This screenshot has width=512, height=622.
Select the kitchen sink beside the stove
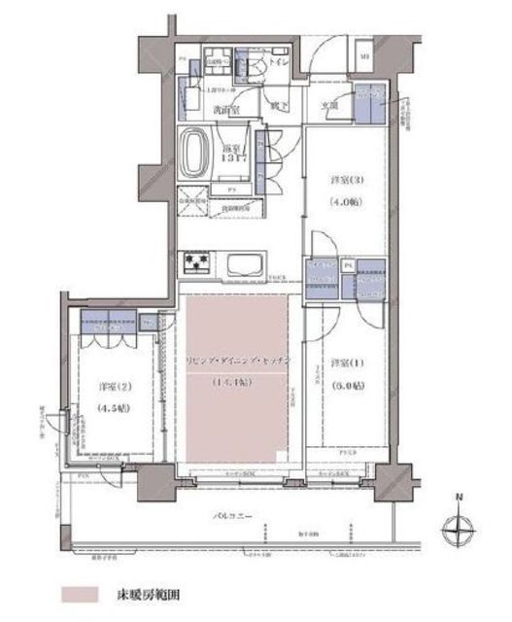pos(240,263)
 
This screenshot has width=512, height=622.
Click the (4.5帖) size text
pos(115,408)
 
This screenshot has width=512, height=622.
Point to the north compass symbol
pos(458,529)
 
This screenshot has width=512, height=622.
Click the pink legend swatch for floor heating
pos(81,591)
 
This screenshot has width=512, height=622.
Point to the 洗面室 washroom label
pos(227,109)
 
